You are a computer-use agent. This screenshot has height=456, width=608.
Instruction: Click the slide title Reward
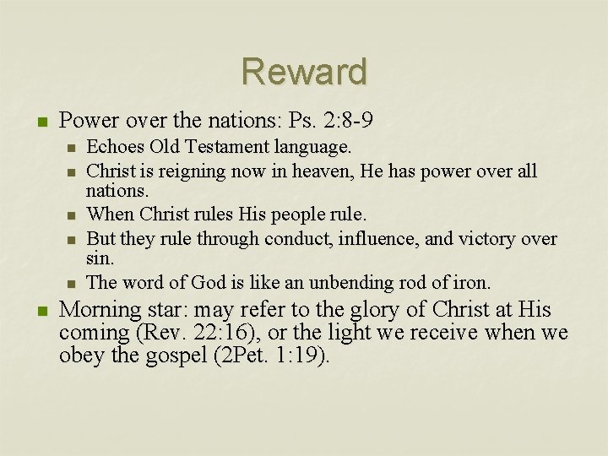304,72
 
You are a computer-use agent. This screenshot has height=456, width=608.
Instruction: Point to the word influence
374,239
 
